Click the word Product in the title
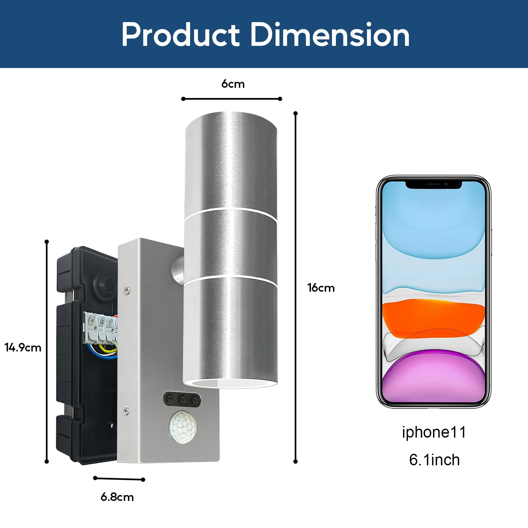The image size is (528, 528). pos(181,35)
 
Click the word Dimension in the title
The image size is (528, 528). pos(330,35)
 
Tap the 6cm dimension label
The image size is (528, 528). pos(233,84)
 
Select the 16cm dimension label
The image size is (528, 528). pos(321,288)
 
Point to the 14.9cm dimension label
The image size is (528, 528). pos(23,347)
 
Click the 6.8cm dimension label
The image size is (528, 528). pos(117,497)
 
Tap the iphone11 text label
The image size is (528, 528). pos(434,432)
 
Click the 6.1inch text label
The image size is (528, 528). pos(434,460)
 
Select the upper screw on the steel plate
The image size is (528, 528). pos(127,290)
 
